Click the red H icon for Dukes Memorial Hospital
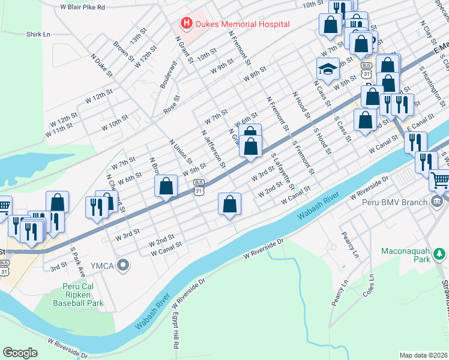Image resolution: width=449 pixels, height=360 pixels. click(186, 23)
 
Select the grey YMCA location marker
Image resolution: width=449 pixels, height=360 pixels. click(124, 265)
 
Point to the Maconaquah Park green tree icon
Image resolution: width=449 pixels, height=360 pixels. click(441, 254)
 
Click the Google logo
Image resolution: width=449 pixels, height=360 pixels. click(20, 352)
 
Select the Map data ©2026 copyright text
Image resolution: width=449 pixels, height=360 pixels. click(423, 355)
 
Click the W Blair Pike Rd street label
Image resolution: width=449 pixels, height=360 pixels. click(82, 7)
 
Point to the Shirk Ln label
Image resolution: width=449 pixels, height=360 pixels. click(38, 34)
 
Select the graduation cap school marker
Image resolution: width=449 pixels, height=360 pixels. click(328, 71)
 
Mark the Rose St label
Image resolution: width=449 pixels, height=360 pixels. click(172, 104)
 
